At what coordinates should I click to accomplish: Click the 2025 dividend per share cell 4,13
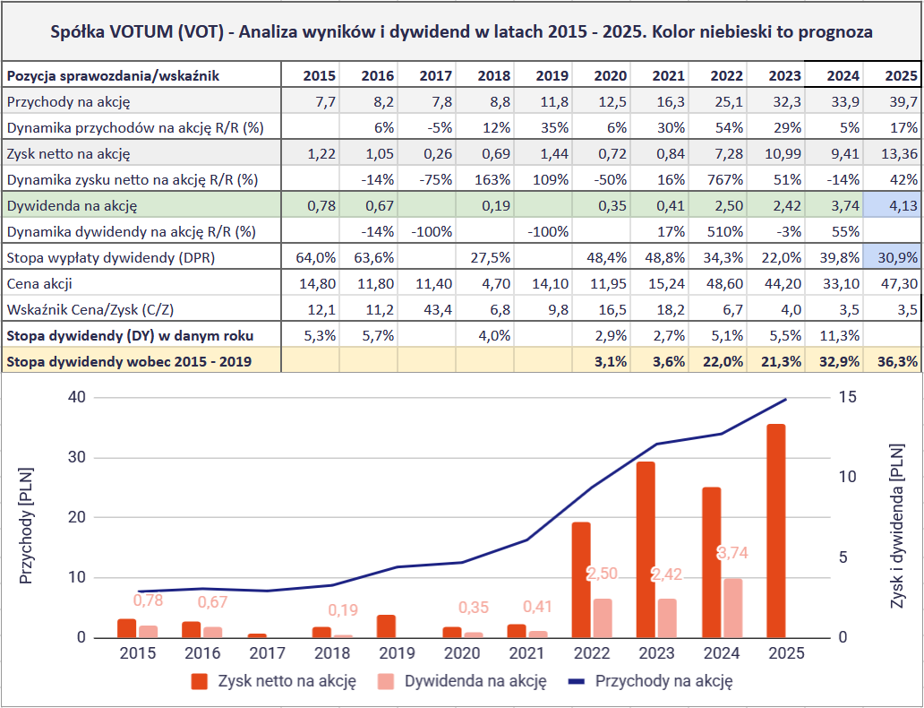click(x=893, y=205)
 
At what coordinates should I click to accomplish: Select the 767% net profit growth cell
click(x=716, y=179)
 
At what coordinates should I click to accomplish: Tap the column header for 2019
click(x=542, y=75)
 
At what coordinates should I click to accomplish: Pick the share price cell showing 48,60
click(x=716, y=283)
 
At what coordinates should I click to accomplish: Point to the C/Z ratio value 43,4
click(x=426, y=309)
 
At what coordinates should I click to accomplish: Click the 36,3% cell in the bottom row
click(x=893, y=361)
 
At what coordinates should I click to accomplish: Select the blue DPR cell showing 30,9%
click(x=893, y=257)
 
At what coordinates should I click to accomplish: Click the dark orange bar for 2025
click(x=775, y=531)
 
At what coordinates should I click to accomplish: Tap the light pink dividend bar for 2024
click(x=733, y=608)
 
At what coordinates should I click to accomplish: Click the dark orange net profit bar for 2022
click(x=581, y=579)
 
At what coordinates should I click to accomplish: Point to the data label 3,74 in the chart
click(x=732, y=554)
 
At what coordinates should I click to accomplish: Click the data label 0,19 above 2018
click(x=342, y=610)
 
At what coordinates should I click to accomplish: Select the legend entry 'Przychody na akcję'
click(x=663, y=681)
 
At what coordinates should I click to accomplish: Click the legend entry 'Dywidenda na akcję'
click(x=475, y=681)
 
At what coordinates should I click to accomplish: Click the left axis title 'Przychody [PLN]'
click(x=26, y=524)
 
